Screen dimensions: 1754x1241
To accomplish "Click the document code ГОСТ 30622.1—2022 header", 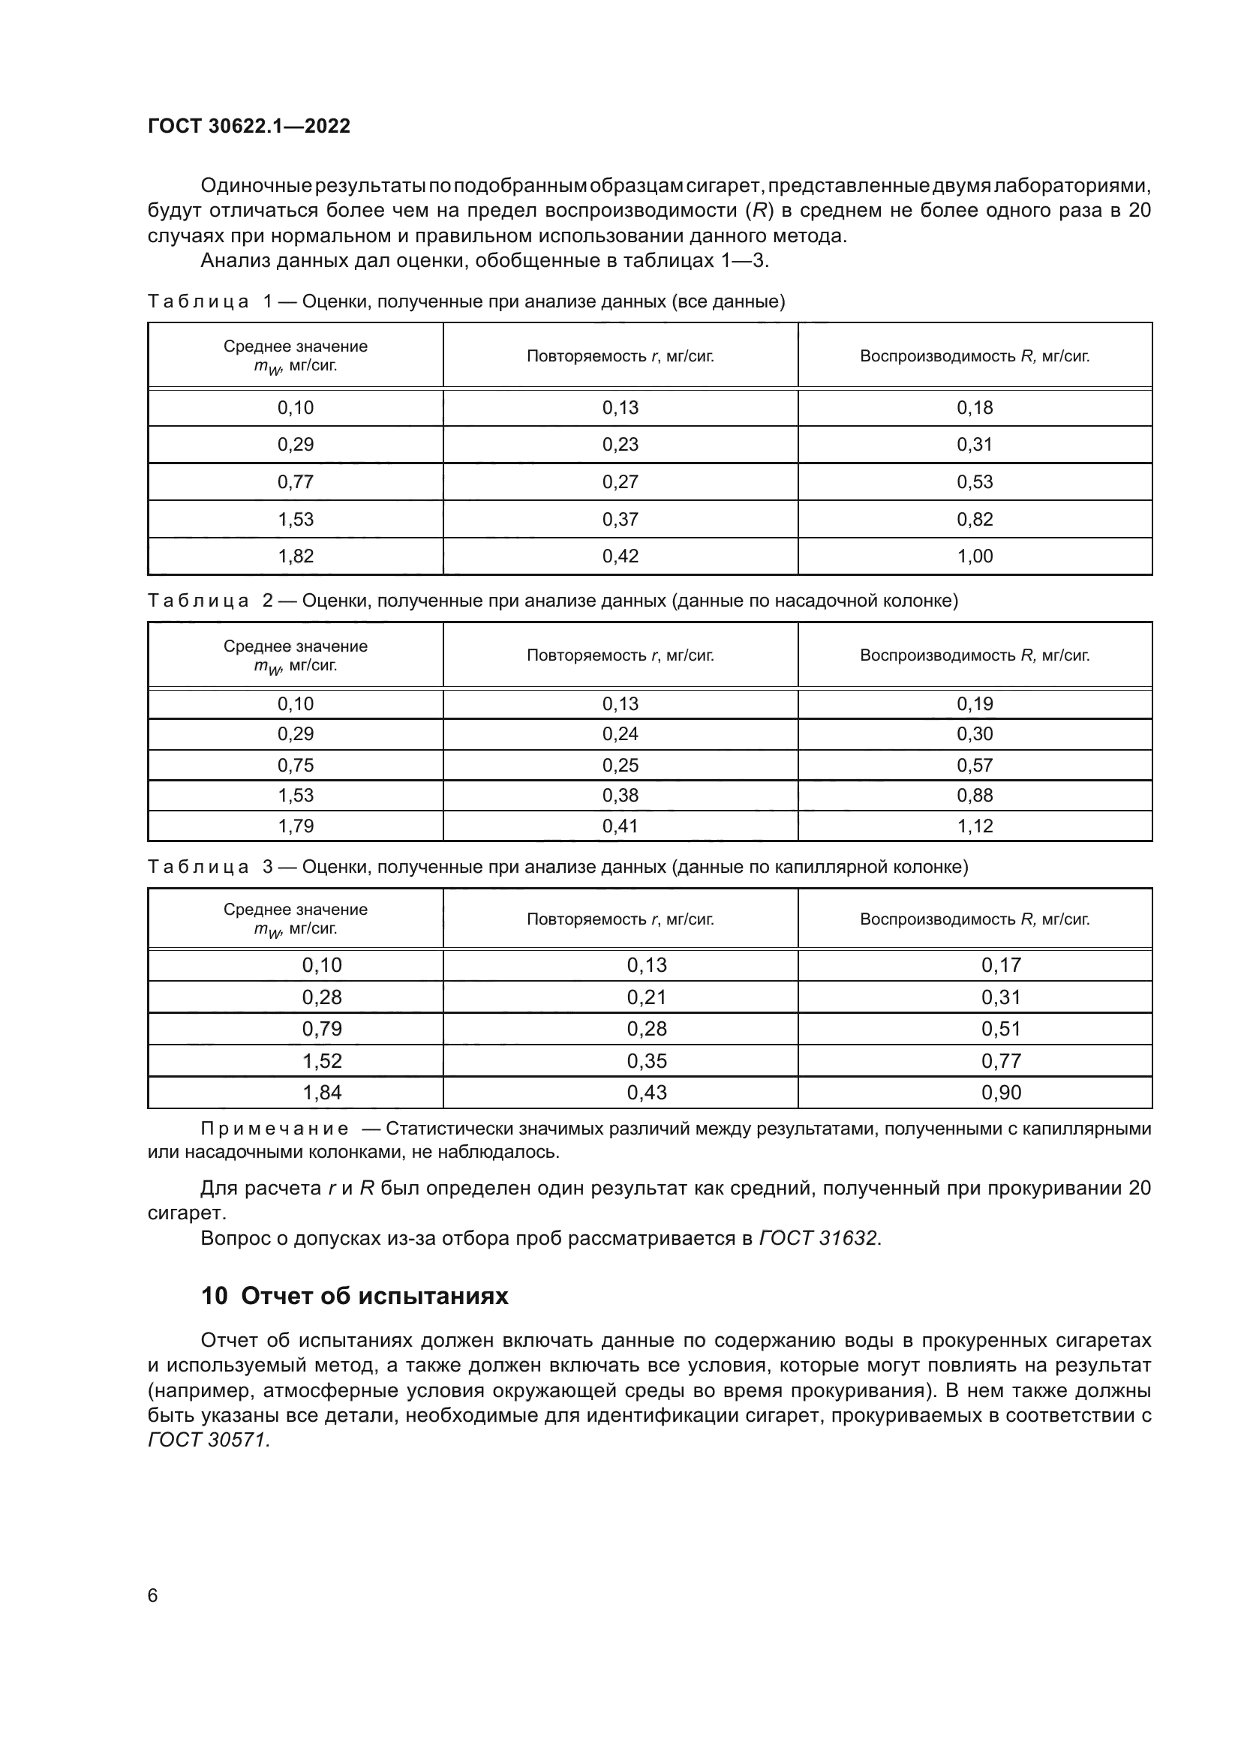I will pos(248,126).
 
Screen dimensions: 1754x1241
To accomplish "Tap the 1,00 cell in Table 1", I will pos(975,556).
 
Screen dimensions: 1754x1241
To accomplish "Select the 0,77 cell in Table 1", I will pos(295,482).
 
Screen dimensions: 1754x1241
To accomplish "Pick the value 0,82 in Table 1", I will pos(975,520).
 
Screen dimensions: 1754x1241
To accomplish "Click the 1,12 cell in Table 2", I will pos(975,826).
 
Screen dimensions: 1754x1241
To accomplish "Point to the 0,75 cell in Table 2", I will pos(295,766).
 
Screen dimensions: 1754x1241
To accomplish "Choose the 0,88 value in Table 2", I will pos(975,795).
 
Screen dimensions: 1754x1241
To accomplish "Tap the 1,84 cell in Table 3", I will pos(322,1093).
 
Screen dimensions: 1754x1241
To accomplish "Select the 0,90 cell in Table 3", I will pos(1000,1093).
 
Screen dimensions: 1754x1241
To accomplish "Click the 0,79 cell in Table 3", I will pos(322,1029).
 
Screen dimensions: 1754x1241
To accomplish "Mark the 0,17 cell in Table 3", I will pos(1000,965).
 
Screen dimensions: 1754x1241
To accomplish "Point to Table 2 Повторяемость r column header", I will pos(620,655).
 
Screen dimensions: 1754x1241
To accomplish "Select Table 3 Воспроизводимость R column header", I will pos(975,919).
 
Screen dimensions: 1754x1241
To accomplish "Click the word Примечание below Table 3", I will pos(275,1129).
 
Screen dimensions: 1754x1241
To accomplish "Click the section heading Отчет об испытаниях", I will pos(374,1297).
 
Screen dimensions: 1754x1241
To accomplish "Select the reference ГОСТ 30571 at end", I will pos(208,1440).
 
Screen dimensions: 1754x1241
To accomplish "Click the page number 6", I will pos(153,1596).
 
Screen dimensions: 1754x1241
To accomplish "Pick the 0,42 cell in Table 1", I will pos(620,556).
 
